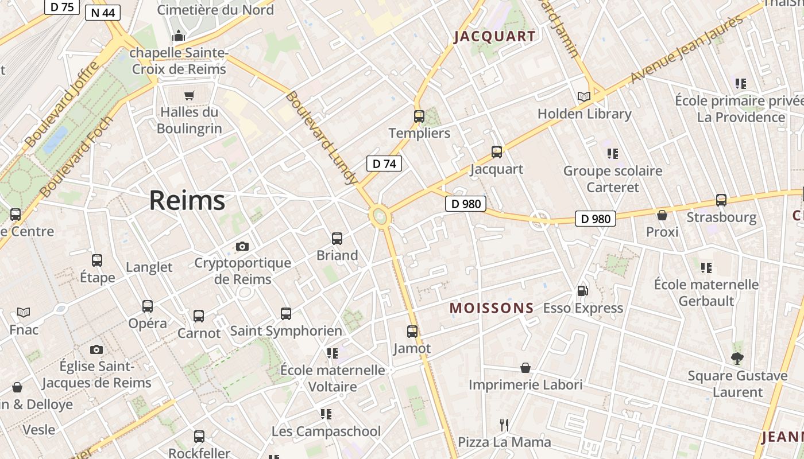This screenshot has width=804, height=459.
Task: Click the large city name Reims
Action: [x=187, y=201]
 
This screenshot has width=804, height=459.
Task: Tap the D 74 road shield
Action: [x=384, y=164]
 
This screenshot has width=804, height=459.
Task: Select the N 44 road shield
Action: [x=102, y=13]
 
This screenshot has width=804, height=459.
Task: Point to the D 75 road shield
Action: [x=61, y=7]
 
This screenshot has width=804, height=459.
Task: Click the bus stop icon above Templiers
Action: [x=419, y=116]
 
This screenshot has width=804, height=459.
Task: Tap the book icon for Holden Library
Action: [x=584, y=97]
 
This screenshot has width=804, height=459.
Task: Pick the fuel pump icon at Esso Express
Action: [x=582, y=291]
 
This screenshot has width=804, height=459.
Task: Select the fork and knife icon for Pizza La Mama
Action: [x=504, y=425]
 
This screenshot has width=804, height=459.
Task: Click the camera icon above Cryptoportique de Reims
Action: [x=242, y=246]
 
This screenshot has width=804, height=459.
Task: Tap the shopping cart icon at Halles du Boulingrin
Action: [x=190, y=95]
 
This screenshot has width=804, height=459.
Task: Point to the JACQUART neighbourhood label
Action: [x=494, y=37]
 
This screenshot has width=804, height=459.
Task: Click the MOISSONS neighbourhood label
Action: [x=492, y=308]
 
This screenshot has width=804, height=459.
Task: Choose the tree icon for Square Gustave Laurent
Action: [x=737, y=359]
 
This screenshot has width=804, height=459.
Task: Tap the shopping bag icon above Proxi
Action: [x=662, y=215]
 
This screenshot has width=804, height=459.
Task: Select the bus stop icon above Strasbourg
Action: [x=721, y=200]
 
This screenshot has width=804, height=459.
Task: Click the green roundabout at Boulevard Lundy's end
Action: [x=379, y=216]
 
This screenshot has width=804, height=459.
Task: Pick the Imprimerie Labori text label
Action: [x=525, y=384]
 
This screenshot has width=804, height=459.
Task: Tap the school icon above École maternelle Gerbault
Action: [x=706, y=267]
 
